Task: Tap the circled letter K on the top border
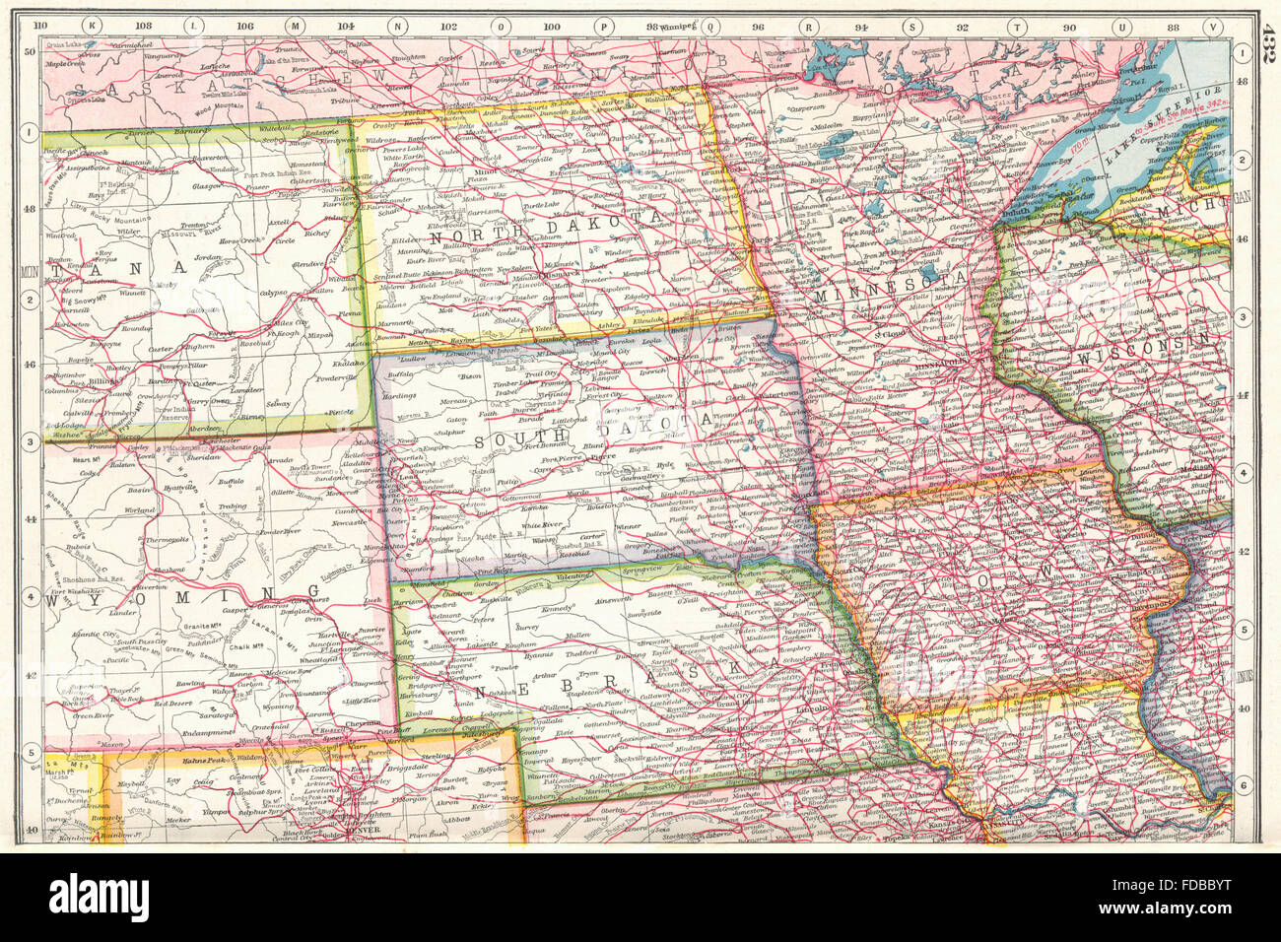tap(91, 26)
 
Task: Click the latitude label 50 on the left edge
tap(30, 52)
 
